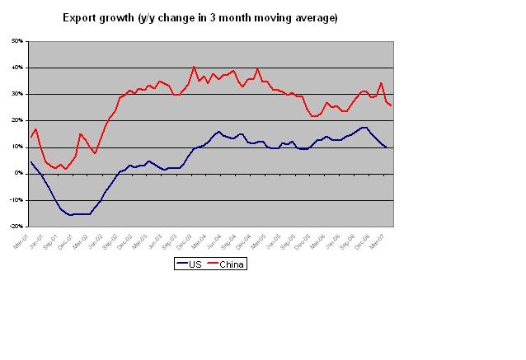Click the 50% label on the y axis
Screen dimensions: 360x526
click(x=17, y=41)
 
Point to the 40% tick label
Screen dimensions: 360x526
click(x=17, y=68)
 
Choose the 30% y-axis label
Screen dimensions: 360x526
click(x=17, y=94)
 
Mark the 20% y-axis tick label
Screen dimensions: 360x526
click(x=17, y=120)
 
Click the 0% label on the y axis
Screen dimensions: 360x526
click(x=19, y=173)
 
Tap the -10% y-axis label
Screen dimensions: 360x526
click(x=16, y=199)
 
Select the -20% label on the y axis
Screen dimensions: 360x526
click(x=16, y=226)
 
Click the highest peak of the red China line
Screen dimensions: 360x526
click(x=194, y=67)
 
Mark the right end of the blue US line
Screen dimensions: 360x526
click(x=386, y=147)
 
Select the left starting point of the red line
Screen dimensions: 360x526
click(x=31, y=137)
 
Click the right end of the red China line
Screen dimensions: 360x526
click(x=391, y=105)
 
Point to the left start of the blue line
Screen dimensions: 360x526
click(x=31, y=161)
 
